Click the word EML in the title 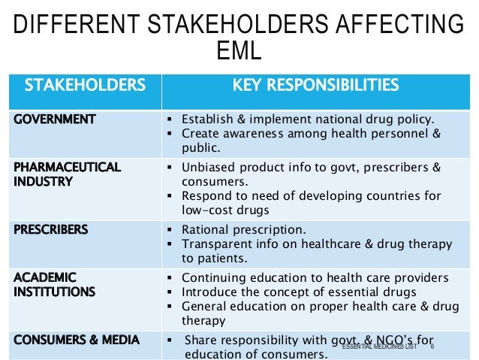coord(239,50)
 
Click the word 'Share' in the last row coord(199,340)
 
